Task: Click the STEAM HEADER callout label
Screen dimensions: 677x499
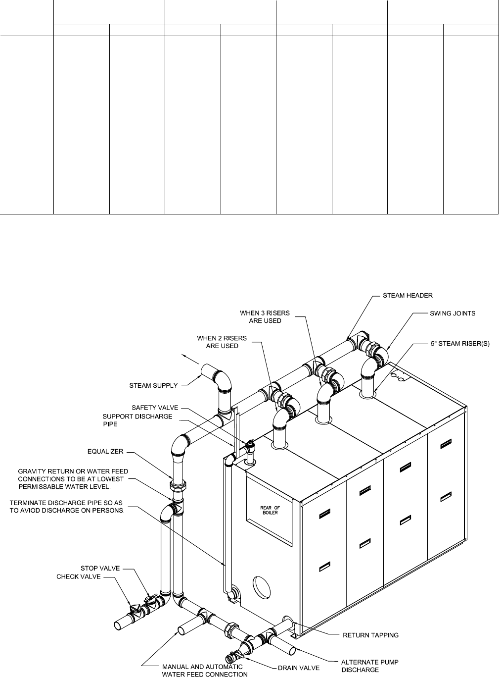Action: pos(408,296)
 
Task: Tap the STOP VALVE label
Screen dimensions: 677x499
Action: pos(100,568)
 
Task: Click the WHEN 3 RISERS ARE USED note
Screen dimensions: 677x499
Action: pos(265,317)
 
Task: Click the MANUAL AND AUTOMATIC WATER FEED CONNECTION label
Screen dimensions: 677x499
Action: pos(205,670)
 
